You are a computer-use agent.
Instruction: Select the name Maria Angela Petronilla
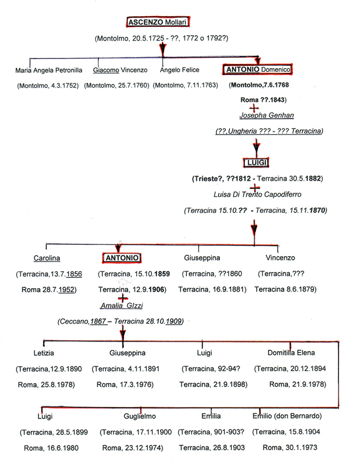pyautogui.click(x=48, y=70)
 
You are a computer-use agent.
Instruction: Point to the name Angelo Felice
pyautogui.click(x=180, y=70)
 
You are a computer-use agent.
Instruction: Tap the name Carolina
pyautogui.click(x=46, y=258)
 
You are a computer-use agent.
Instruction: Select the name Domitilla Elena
pyautogui.click(x=291, y=353)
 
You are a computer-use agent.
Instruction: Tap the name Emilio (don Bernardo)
pyautogui.click(x=287, y=416)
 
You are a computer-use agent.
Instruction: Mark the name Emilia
pyautogui.click(x=210, y=416)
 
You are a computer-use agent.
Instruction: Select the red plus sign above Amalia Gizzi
pyautogui.click(x=123, y=297)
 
